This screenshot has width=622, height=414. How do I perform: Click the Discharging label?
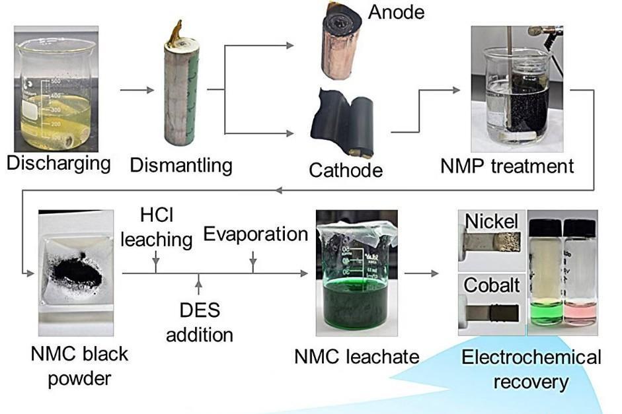58,163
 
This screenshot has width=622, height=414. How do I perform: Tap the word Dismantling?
181,164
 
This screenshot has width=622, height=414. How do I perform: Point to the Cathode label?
346,170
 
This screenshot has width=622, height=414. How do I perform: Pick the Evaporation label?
255,234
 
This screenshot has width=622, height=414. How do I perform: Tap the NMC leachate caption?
357,357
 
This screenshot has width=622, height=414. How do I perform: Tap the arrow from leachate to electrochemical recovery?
422,272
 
